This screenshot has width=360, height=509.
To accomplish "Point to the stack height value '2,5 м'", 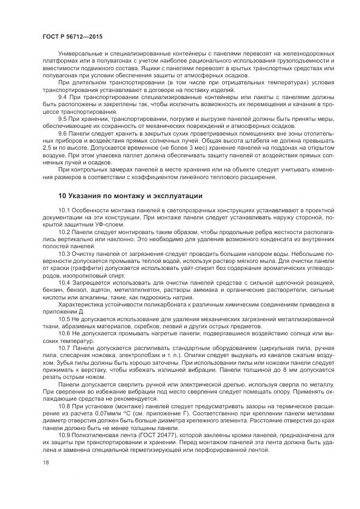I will (50, 147).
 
